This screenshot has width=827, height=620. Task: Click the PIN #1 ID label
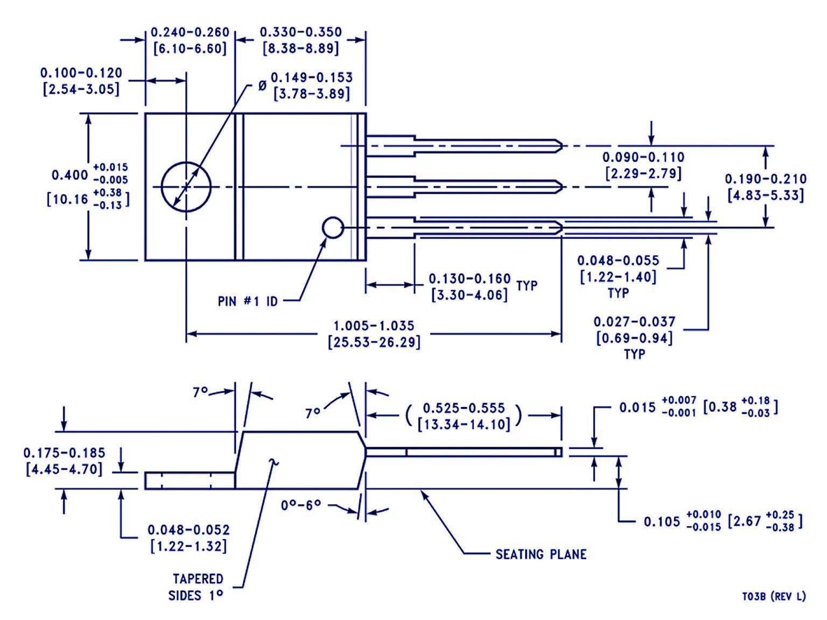(248, 301)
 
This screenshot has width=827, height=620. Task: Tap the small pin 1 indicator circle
(333, 228)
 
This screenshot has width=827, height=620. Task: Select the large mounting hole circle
(186, 187)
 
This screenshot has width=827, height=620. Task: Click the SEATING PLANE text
(541, 554)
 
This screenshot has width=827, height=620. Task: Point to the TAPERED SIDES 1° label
(197, 587)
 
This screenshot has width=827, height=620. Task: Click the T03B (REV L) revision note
(774, 596)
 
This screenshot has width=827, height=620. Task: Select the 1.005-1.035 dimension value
(374, 326)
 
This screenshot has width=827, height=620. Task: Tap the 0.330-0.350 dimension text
(301, 32)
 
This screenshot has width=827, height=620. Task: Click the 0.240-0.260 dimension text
(190, 32)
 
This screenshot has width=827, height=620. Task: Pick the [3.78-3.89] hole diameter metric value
(312, 94)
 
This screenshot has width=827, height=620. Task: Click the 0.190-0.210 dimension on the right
(765, 179)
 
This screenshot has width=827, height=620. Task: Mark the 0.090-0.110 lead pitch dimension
(643, 157)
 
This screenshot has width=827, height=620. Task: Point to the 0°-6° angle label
(301, 505)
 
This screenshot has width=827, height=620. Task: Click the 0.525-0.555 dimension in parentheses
(464, 408)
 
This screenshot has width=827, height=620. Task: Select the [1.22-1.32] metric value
(188, 546)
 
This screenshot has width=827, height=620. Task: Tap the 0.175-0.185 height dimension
(64, 453)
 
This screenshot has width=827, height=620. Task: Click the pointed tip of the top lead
(560, 145)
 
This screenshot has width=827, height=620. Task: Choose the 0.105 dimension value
(662, 522)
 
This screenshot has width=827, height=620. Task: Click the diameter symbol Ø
(262, 86)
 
